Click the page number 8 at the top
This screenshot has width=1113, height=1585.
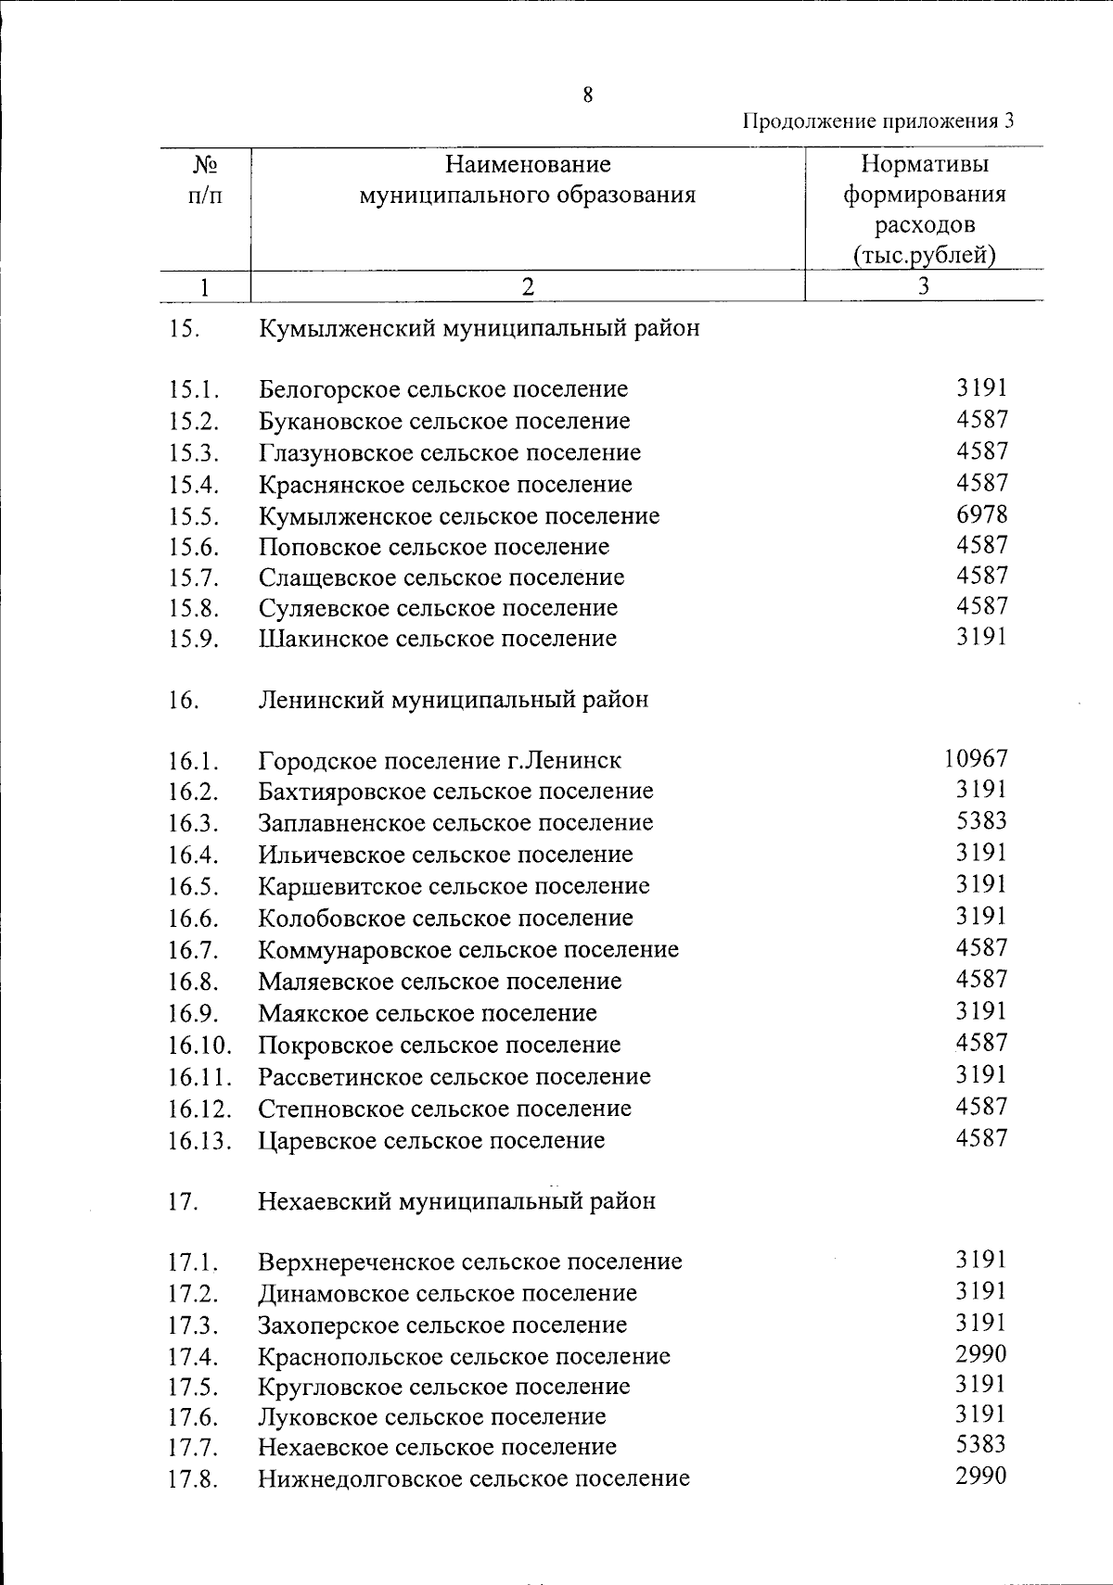588,95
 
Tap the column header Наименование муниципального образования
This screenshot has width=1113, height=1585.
528,180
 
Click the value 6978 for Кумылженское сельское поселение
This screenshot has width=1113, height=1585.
981,514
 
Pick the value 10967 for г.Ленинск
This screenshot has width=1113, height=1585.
976,759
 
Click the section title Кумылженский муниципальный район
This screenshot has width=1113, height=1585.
479,328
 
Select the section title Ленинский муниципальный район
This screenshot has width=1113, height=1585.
454,699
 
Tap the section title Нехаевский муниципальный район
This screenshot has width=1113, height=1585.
456,1200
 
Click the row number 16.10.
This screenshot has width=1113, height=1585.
199,1046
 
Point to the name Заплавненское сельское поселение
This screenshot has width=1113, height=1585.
455,823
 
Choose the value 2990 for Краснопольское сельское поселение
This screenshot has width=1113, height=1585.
981,1354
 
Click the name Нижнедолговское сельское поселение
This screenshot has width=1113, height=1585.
473,1477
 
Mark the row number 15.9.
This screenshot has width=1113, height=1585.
193,639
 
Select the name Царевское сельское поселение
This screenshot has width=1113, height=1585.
431,1140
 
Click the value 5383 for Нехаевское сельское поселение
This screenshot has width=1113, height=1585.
981,1444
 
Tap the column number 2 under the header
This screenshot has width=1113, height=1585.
527,286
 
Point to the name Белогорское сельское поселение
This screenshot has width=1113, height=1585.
442,389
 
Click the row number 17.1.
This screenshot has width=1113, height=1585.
193,1262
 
